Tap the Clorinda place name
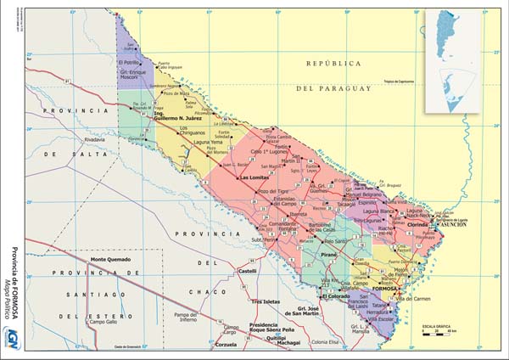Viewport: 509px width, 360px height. pyautogui.click(x=418, y=226)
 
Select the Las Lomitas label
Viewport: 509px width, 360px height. pyautogui.click(x=256, y=177)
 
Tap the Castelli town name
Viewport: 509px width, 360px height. pyautogui.click(x=247, y=271)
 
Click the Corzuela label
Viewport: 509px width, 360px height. pyautogui.click(x=225, y=346)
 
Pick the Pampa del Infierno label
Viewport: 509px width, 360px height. pyautogui.click(x=186, y=318)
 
